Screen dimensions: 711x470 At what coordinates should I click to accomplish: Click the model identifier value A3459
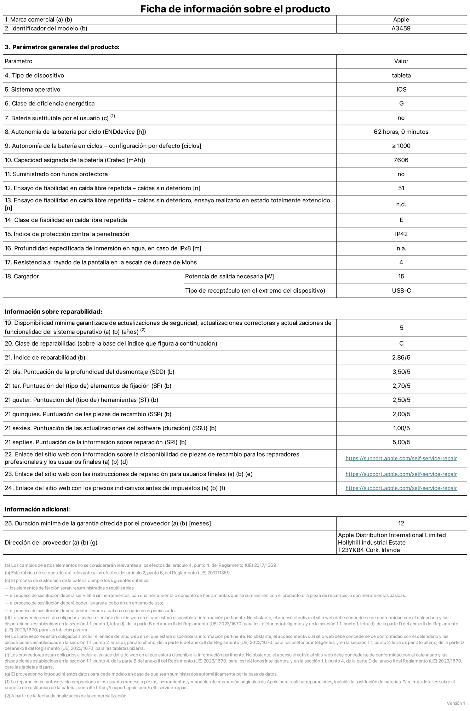pos(401,29)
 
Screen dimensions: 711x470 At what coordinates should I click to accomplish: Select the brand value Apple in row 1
pos(401,20)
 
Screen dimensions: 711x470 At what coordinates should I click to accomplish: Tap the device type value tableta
pos(401,75)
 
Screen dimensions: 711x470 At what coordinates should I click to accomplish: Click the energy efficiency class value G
pos(401,104)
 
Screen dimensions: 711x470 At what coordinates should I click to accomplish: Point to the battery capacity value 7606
pos(401,160)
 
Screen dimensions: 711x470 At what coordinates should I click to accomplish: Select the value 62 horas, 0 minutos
pos(401,132)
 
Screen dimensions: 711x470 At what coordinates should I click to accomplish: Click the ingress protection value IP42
pos(401,234)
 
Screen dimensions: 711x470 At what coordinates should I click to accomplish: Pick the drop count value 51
pos(401,188)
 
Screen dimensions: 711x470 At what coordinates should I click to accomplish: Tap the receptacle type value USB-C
pos(401,291)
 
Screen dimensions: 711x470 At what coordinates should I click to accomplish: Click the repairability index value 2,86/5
pos(401,358)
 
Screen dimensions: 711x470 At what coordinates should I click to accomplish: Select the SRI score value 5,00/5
pos(401,442)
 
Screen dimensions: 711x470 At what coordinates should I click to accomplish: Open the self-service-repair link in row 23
pos(401,474)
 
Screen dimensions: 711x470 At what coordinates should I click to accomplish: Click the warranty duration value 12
pos(401,524)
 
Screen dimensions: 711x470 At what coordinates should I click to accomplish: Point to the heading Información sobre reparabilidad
pos(53,312)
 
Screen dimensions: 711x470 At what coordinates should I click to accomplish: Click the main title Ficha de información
pos(235,9)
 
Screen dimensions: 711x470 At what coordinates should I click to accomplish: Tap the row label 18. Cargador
pos(22,277)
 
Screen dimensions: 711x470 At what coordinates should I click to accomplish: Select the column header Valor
pos(401,61)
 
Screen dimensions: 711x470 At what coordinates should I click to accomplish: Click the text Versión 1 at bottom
pos(455,703)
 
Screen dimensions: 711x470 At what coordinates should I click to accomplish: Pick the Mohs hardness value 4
pos(401,262)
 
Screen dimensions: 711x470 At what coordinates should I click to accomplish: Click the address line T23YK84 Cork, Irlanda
pos(369,550)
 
